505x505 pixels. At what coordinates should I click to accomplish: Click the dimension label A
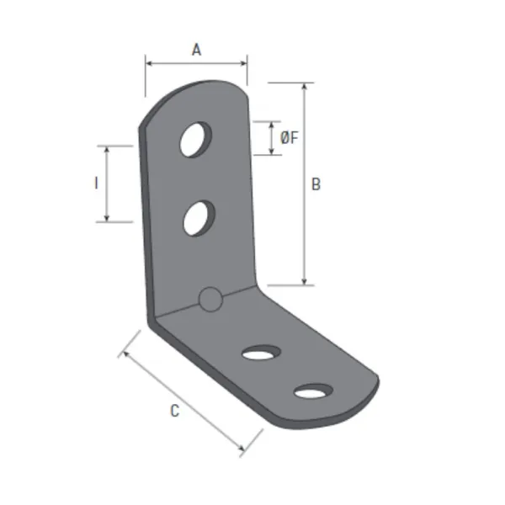196,50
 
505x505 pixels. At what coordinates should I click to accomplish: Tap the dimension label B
316,184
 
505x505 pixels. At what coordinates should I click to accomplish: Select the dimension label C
174,411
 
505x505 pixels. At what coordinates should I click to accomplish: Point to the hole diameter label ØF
290,138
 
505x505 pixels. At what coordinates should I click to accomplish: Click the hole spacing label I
96,183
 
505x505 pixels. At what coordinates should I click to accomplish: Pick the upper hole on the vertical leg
195,140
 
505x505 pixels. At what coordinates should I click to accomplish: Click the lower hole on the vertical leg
199,219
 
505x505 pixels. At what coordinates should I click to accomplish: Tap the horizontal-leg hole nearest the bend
261,353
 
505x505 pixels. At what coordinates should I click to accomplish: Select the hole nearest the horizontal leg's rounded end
313,391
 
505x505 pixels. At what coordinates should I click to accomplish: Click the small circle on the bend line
210,300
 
